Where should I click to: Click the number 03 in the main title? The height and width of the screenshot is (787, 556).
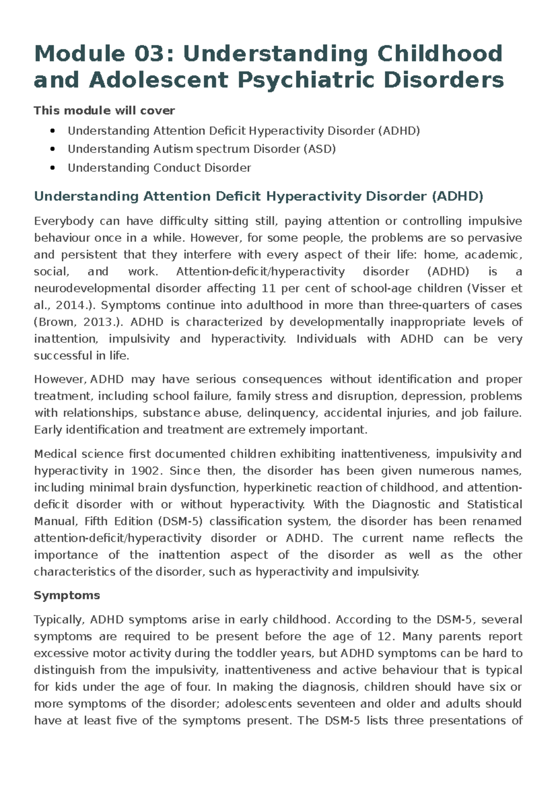(149, 54)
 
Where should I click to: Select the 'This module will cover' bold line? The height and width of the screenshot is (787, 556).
(104, 111)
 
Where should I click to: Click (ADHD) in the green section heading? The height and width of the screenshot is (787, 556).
(457, 197)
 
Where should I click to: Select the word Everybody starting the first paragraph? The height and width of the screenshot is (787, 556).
(63, 221)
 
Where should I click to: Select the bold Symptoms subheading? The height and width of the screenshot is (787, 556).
(67, 596)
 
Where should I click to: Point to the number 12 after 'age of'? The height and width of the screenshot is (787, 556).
(385, 636)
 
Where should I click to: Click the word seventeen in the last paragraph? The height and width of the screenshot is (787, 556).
(327, 704)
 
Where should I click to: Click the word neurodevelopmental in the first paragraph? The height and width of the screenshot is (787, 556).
(92, 288)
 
